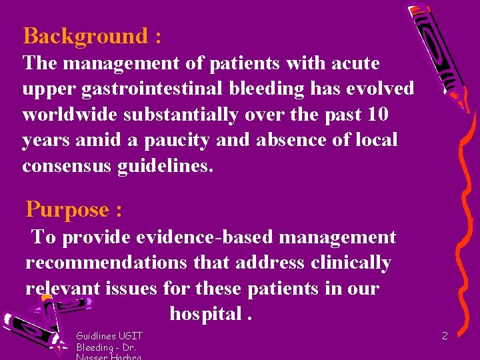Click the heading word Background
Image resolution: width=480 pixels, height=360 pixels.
click(x=84, y=35)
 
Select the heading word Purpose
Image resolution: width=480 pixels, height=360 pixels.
click(x=67, y=209)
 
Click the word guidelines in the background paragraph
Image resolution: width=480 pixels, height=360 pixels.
click(x=172, y=165)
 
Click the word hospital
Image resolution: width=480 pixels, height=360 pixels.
click(x=206, y=314)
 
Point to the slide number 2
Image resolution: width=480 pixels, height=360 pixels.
click(x=445, y=336)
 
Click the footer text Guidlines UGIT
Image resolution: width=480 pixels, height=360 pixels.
click(x=109, y=336)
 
